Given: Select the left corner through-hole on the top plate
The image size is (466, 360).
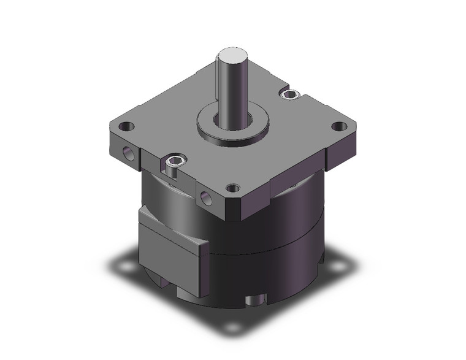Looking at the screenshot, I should click(126, 127).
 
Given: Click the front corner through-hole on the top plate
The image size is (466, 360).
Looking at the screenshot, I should click(232, 188).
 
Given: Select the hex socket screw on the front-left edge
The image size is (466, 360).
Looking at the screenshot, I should click(174, 161).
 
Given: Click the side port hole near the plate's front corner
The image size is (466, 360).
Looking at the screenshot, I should click(204, 197).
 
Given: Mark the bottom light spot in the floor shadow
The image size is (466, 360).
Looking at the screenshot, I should click(232, 327).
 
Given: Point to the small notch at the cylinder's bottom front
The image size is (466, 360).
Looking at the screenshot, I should click(257, 302).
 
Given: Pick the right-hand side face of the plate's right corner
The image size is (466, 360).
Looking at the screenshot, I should click(343, 150).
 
